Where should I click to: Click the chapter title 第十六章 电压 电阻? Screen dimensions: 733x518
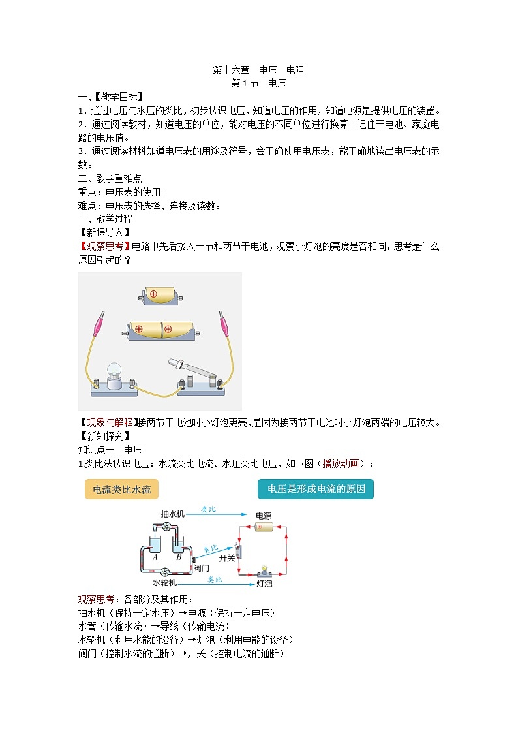tap(258, 70)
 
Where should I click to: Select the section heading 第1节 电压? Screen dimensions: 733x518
tap(258, 84)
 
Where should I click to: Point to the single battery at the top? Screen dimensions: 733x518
tap(159, 294)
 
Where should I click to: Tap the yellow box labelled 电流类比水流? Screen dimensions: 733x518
tap(122, 489)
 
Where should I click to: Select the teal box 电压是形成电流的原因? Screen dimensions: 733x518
tap(316, 489)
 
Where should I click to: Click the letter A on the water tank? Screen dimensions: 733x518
tap(155, 557)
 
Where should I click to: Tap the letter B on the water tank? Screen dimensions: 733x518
tap(179, 557)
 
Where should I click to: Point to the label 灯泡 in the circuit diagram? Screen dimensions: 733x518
tap(264, 583)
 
